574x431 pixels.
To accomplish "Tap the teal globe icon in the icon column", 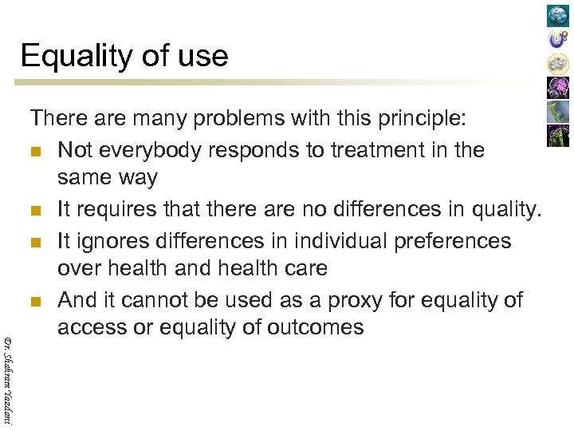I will click(x=557, y=16).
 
